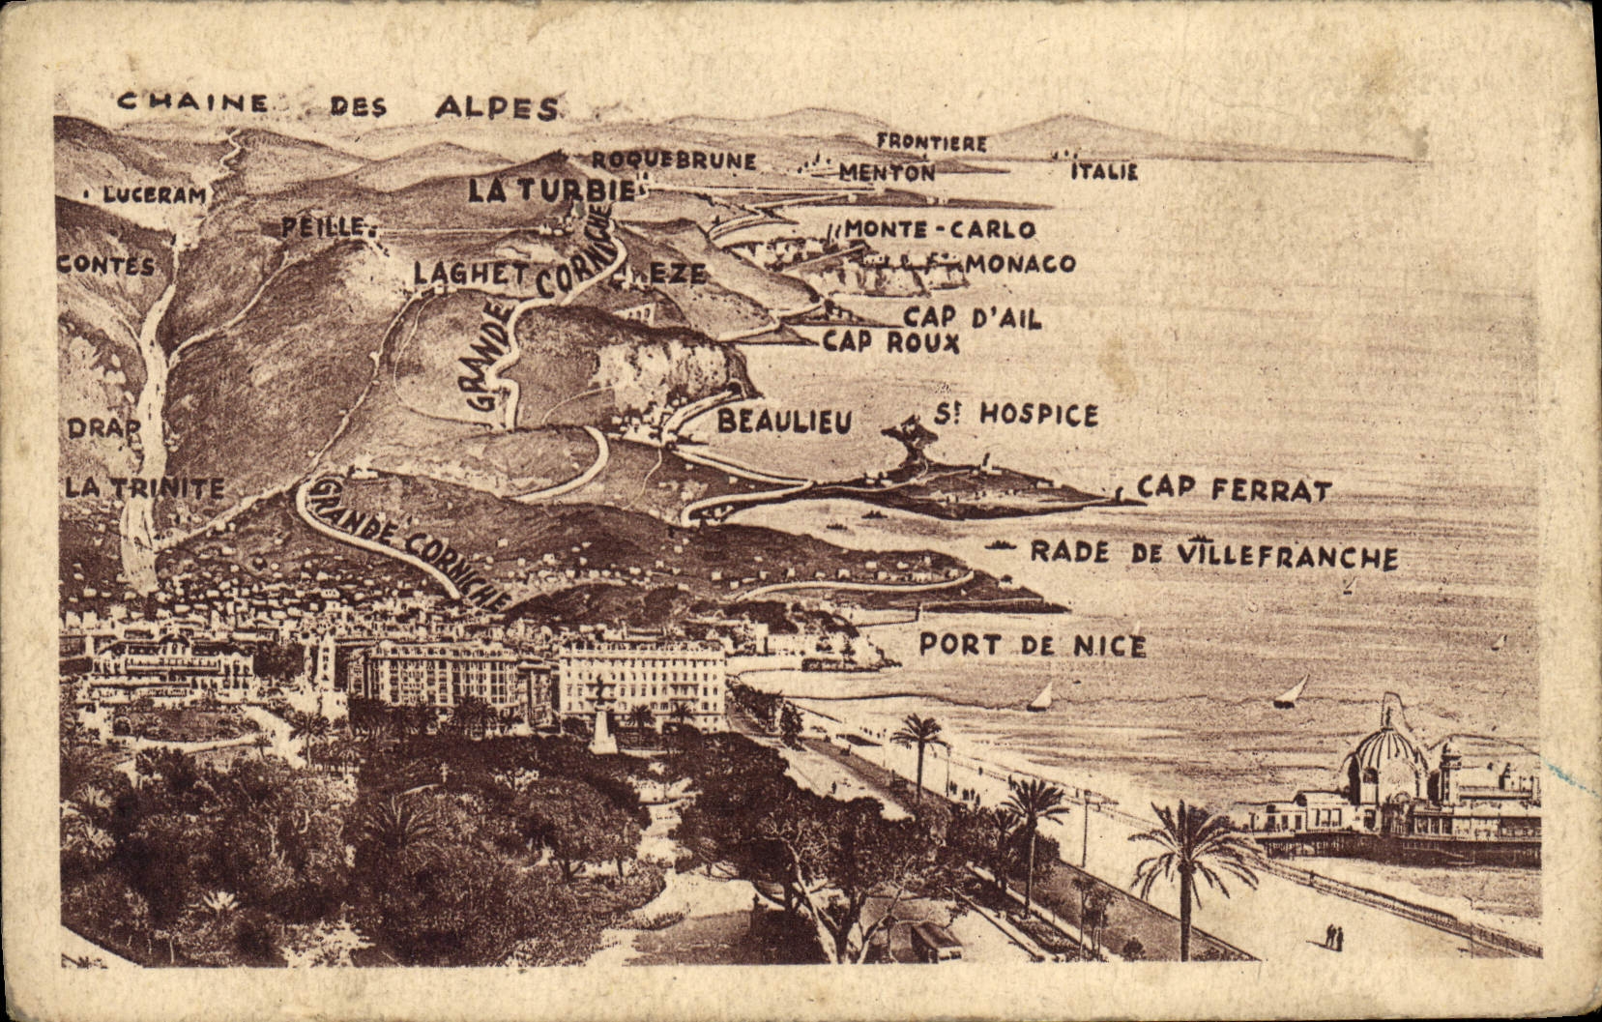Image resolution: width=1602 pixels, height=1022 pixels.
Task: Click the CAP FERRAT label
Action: pos(1234,489)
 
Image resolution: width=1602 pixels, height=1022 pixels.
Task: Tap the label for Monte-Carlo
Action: pos(940,230)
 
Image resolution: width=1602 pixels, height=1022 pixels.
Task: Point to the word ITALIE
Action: pos(1104,173)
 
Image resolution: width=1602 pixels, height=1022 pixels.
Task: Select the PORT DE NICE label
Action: pos(1032,645)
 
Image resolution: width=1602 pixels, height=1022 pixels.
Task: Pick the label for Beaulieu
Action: pos(784,422)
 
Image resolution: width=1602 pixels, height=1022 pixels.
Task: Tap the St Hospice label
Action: pos(1015,415)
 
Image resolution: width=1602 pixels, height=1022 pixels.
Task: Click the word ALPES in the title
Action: pos(497,107)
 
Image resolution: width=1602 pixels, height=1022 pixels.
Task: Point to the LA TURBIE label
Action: pos(552,190)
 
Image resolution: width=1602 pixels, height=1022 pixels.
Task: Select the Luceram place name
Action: pos(155,195)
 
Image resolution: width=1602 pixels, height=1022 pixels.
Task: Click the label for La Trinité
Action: pos(145,488)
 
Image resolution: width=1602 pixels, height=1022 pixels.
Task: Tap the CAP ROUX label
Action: pos(890,342)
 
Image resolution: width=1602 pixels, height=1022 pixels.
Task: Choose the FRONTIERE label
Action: pos(931,143)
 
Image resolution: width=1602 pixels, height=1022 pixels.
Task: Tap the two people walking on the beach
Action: pos(1334,936)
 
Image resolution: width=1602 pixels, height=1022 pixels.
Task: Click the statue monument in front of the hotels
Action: pos(603,715)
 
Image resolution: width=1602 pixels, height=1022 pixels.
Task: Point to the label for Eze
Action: pos(677,275)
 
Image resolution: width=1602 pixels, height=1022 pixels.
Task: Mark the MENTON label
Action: pos(887,173)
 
